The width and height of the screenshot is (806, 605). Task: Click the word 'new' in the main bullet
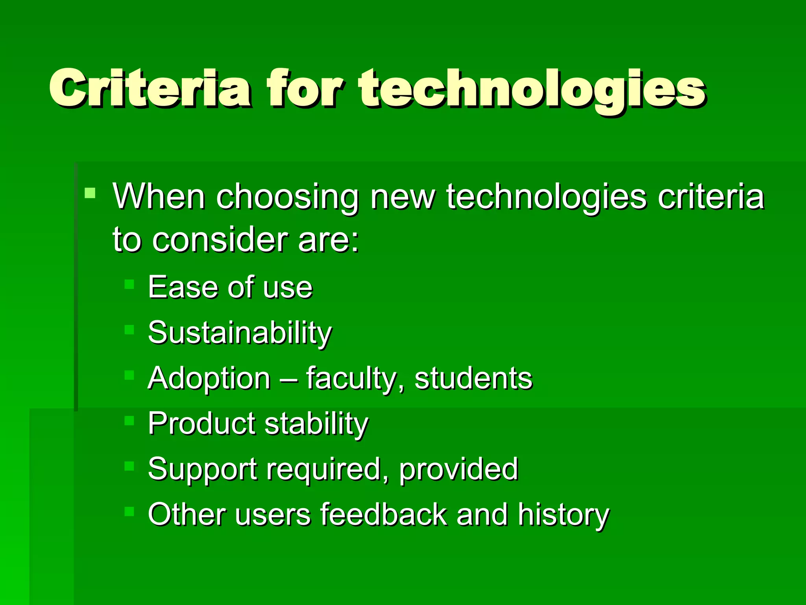point(401,197)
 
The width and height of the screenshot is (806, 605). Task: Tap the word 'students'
point(473,378)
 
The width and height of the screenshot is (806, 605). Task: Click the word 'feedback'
point(384,514)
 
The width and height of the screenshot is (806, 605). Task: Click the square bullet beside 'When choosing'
point(90,193)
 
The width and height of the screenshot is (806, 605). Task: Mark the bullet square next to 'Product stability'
point(129,421)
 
